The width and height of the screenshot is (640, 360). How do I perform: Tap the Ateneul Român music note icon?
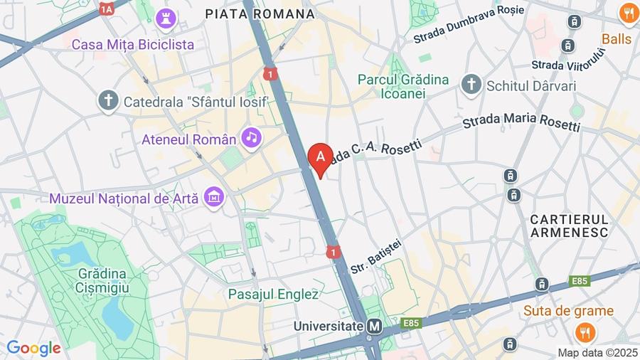[251, 137]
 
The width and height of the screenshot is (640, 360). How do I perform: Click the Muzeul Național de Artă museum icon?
[213, 197]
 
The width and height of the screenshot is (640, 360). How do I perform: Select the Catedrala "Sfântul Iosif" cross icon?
[108, 101]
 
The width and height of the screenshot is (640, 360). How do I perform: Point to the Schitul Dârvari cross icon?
[471, 85]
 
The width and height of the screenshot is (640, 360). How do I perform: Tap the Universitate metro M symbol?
[375, 327]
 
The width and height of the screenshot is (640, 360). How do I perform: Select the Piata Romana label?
[260, 14]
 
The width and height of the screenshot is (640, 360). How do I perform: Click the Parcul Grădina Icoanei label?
[403, 86]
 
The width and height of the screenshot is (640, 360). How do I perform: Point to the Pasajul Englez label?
[273, 293]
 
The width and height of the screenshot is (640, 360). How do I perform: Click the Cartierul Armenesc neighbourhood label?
[570, 226]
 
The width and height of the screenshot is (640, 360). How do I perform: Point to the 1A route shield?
[107, 9]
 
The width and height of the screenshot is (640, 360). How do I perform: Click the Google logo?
[33, 348]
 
